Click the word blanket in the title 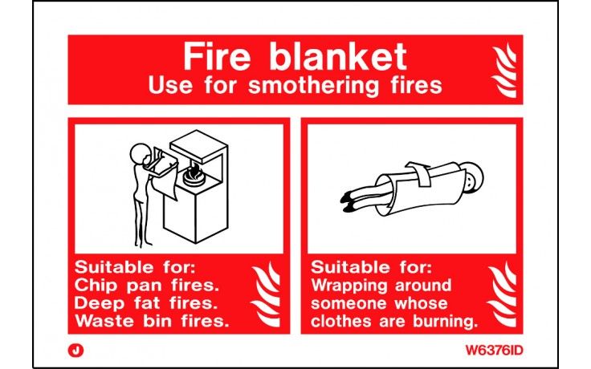coord(336,57)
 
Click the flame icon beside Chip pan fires coord(266,294)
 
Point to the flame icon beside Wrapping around coord(501,294)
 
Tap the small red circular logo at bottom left coord(76,350)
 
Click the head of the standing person coord(140,152)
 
